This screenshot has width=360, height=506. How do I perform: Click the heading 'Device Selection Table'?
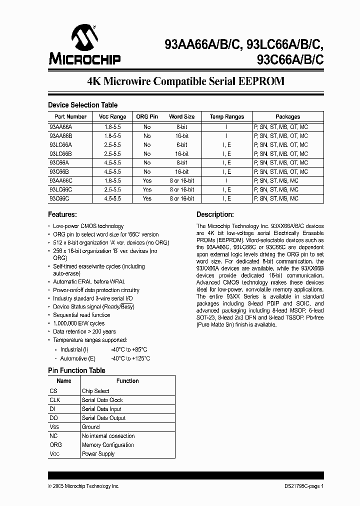click(x=82, y=105)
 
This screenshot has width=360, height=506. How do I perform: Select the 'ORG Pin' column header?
click(x=147, y=116)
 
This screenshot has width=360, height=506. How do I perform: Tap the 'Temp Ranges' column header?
click(x=226, y=116)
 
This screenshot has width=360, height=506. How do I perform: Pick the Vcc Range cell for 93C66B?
click(x=110, y=171)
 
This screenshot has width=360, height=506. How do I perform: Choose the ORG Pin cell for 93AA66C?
click(x=147, y=180)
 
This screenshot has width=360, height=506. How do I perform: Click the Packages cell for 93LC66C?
click(x=276, y=189)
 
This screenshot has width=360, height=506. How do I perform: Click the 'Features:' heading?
click(x=63, y=214)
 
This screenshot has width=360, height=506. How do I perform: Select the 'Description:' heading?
click(x=215, y=214)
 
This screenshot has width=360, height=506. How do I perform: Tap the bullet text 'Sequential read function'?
click(x=81, y=315)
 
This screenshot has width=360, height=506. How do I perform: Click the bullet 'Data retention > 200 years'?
click(x=84, y=331)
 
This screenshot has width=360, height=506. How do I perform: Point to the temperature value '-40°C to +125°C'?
click(x=130, y=358)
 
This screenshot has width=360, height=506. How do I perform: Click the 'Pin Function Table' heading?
click(x=76, y=370)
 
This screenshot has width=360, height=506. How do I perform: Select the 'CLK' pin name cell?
click(x=54, y=400)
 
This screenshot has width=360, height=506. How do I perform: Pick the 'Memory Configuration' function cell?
click(x=107, y=445)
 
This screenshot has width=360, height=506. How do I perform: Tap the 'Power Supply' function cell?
click(x=98, y=454)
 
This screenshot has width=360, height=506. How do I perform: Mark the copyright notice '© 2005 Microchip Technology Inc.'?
click(x=83, y=486)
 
